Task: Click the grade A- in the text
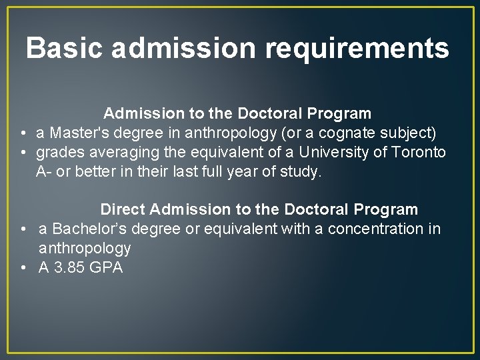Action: (43, 171)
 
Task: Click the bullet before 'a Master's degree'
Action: (23, 133)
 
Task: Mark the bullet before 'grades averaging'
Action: (23, 153)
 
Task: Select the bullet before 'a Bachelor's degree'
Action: (24, 229)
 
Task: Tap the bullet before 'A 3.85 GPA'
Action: (24, 268)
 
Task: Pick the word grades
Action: (58, 152)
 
